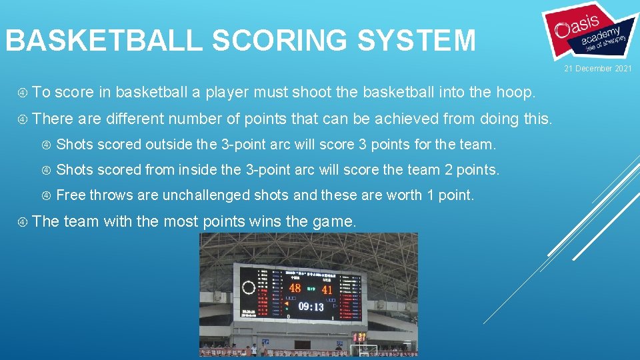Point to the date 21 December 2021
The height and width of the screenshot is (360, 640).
tap(597, 69)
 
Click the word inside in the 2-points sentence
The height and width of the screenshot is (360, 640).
tap(201, 170)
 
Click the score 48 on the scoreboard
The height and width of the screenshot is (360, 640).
tap(295, 289)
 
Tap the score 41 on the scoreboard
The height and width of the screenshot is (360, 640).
tap(327, 289)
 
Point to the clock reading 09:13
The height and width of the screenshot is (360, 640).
tap(311, 307)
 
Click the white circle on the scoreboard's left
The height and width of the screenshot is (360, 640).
tap(249, 288)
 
